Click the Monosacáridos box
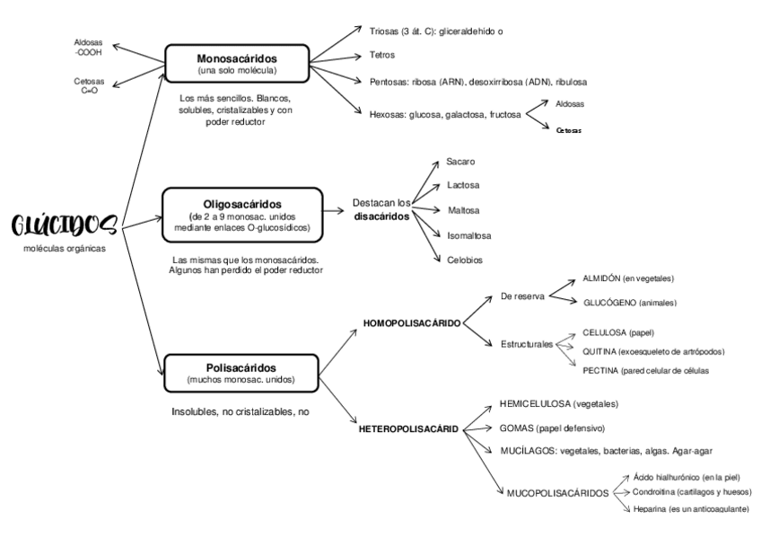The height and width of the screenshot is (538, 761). pyautogui.click(x=237, y=63)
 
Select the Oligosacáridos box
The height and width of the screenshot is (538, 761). pyautogui.click(x=241, y=215)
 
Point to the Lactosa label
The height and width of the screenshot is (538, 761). pyautogui.click(x=463, y=186)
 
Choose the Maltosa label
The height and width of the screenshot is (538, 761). pyautogui.click(x=463, y=210)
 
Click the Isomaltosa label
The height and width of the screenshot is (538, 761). pyautogui.click(x=468, y=235)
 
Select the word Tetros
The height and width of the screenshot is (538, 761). pyautogui.click(x=382, y=56)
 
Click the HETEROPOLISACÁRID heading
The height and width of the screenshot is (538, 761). pyautogui.click(x=409, y=429)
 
